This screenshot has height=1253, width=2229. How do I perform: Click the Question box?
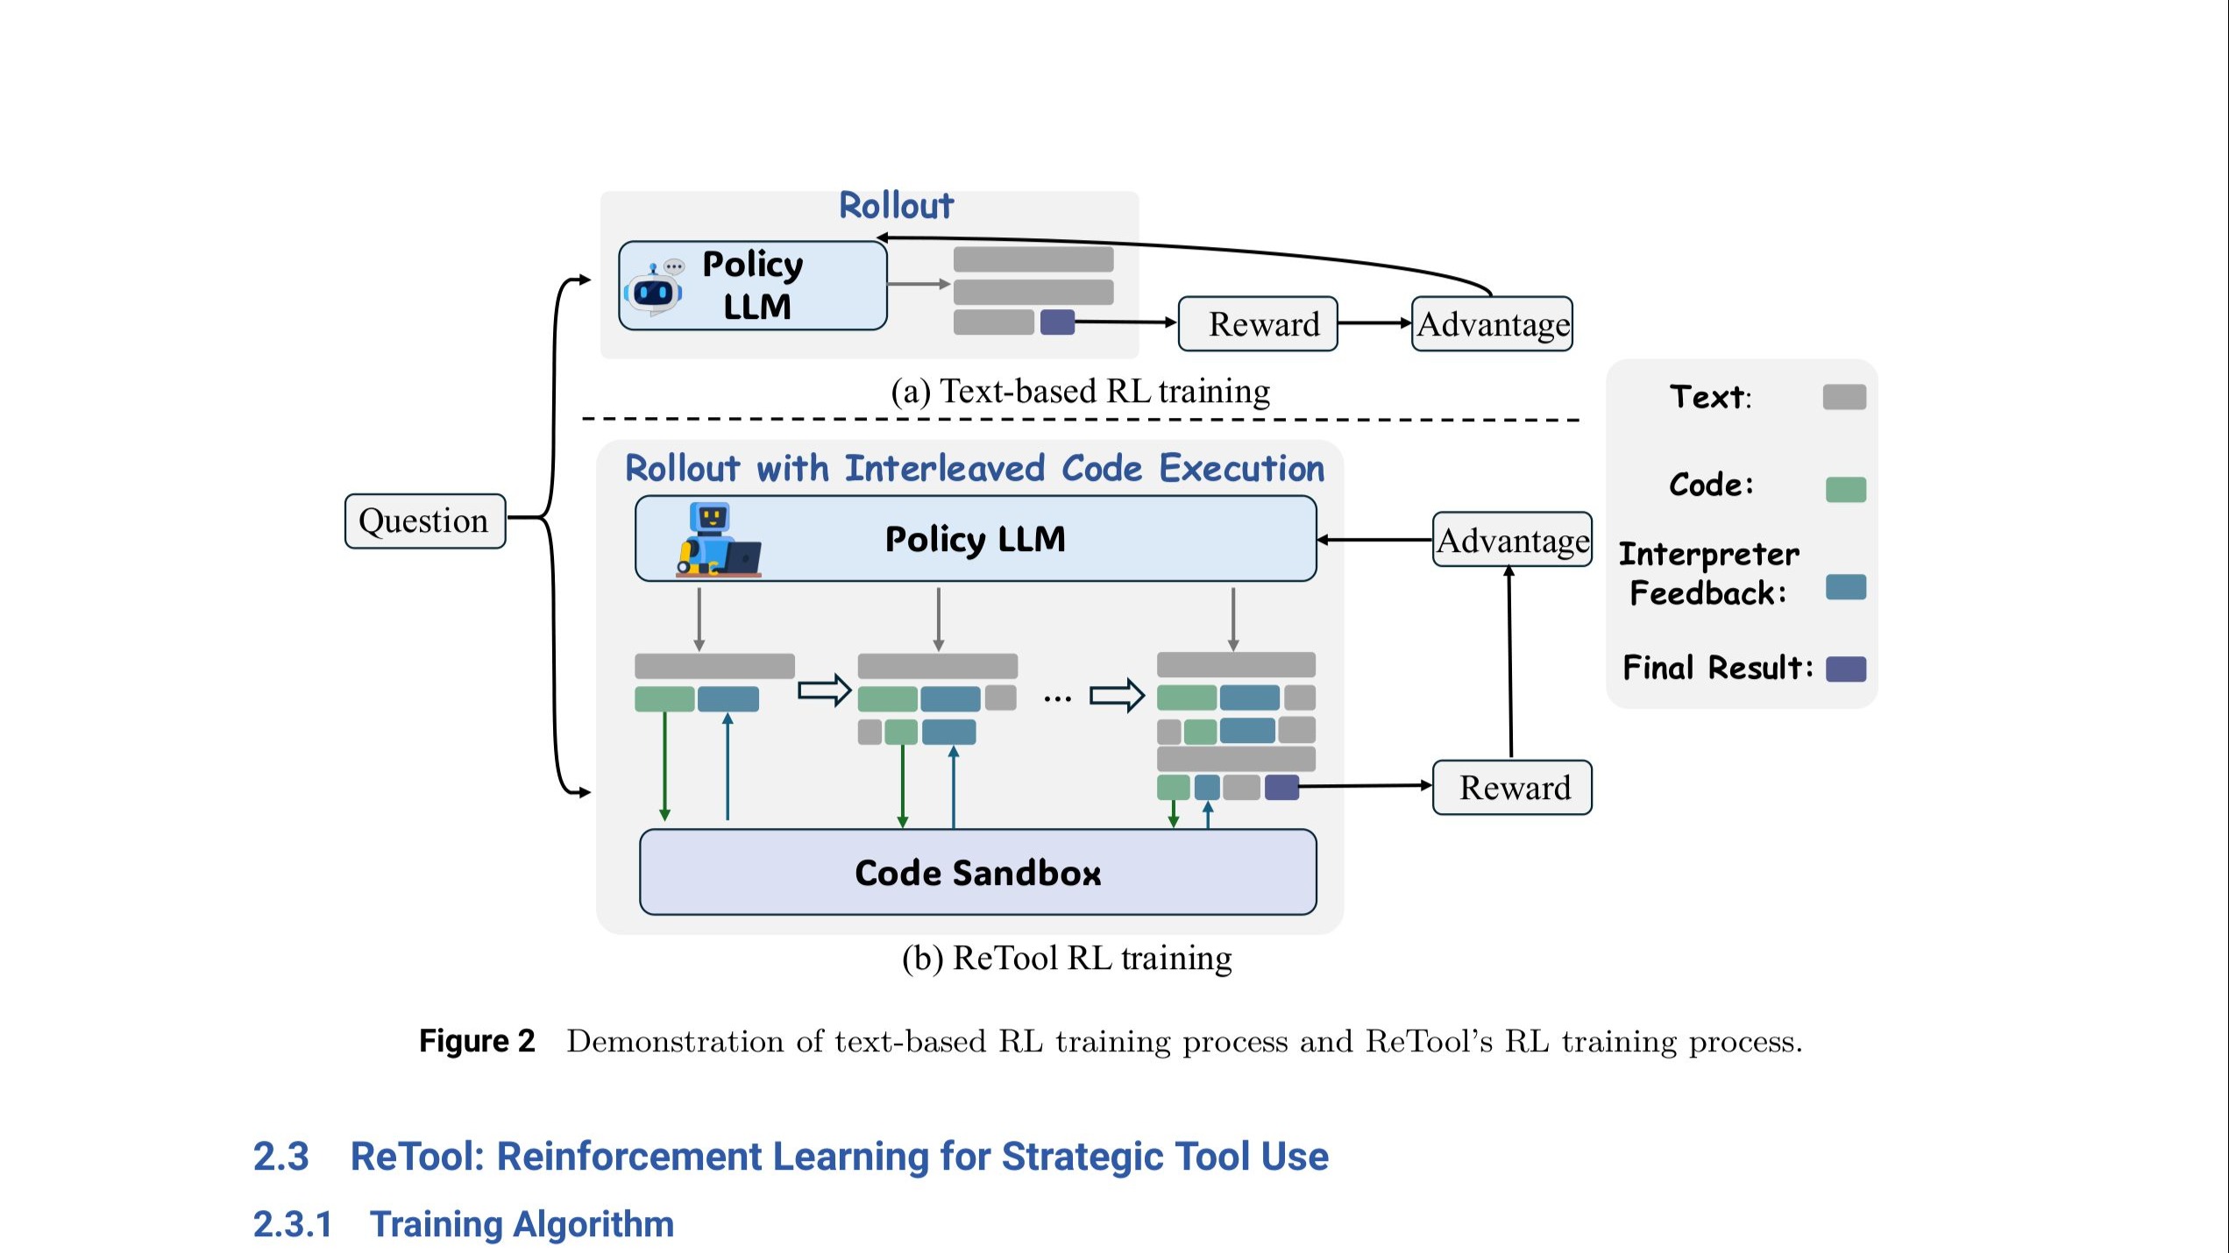pyautogui.click(x=425, y=520)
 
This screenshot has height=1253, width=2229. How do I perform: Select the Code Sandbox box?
pyautogui.click(x=977, y=873)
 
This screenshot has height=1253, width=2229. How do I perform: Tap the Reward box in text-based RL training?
pyautogui.click(x=1258, y=324)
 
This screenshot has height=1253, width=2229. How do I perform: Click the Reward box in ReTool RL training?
pyautogui.click(x=1512, y=788)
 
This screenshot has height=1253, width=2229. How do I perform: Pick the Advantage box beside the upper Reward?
pyautogui.click(x=1492, y=324)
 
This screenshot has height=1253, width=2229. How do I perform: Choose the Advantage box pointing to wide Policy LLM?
pyautogui.click(x=1512, y=540)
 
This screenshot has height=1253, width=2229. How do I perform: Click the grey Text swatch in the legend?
pyautogui.click(x=1844, y=397)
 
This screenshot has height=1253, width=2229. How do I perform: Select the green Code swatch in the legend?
pyautogui.click(x=1845, y=489)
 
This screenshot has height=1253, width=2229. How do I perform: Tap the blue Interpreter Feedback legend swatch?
pyautogui.click(x=1845, y=587)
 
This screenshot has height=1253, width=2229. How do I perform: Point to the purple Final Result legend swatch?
pyautogui.click(x=1845, y=669)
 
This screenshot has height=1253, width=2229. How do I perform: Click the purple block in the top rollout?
pyautogui.click(x=1057, y=322)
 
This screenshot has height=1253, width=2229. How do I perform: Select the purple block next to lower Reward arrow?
pyautogui.click(x=1281, y=788)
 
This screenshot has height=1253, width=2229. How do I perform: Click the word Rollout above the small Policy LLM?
pyautogui.click(x=896, y=206)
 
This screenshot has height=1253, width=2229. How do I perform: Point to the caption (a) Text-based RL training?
pyautogui.click(x=1080, y=391)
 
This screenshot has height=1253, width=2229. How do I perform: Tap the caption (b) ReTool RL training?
pyautogui.click(x=1066, y=958)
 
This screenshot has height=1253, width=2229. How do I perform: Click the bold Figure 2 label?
pyautogui.click(x=477, y=1041)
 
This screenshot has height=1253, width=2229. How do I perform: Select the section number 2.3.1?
pyautogui.click(x=293, y=1224)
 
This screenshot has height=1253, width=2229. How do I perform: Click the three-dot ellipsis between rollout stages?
pyautogui.click(x=1057, y=698)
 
